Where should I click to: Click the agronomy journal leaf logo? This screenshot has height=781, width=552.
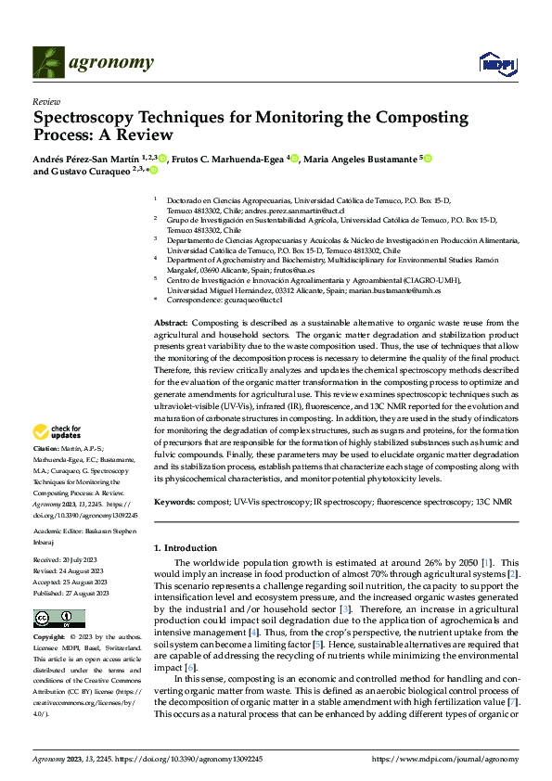[x=48, y=62]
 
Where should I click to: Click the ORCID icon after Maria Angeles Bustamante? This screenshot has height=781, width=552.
[x=429, y=159]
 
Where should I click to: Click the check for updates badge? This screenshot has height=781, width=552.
[x=56, y=430]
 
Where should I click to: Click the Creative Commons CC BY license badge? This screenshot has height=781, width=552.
[x=59, y=619]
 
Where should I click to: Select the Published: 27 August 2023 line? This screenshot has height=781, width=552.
[x=71, y=594]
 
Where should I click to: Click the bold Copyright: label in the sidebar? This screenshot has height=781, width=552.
[x=49, y=637]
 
